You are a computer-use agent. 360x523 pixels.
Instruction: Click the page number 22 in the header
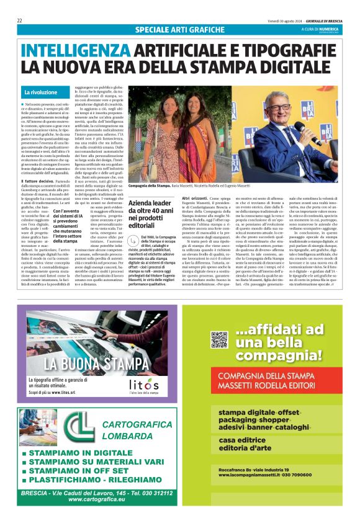coord(20,20)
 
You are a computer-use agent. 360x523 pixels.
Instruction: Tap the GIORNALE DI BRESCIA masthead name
coord(321,20)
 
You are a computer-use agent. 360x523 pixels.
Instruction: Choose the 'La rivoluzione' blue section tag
coord(40,92)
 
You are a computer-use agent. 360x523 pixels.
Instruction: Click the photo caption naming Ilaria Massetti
coord(189,186)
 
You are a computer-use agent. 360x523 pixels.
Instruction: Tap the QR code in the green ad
coord(218,339)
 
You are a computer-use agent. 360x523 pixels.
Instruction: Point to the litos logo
coord(144,385)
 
